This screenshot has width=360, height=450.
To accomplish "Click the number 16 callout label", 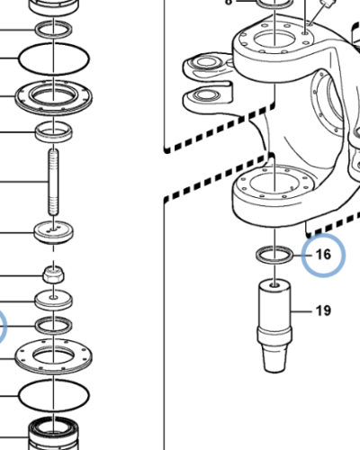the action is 323,255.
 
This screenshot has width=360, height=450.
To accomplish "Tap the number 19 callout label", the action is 323,310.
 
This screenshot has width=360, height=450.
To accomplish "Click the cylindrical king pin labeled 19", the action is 274,326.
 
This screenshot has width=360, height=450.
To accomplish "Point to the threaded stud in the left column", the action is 53,182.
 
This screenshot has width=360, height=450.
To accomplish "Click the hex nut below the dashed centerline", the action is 53,274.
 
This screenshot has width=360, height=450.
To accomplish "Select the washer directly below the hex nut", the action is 53,301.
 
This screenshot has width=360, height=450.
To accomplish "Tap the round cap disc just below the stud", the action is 53,232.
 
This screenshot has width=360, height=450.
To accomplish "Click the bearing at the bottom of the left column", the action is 53,434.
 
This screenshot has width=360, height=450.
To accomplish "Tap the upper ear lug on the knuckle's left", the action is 207,65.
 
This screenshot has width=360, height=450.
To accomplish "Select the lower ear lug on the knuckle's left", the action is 207,96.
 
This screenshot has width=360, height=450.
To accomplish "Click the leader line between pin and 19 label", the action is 301,311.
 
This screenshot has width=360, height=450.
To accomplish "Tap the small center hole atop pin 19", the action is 274,284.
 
